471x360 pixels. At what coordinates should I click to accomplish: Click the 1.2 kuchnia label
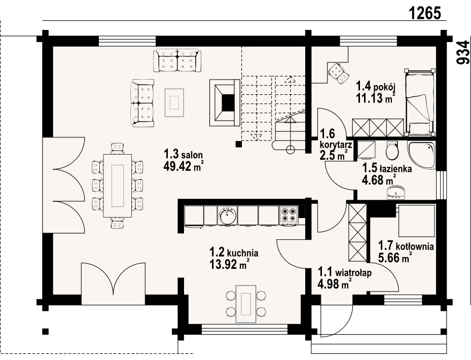(234, 257)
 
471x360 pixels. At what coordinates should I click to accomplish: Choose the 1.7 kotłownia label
(406, 252)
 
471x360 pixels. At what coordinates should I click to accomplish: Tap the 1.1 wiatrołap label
(345, 278)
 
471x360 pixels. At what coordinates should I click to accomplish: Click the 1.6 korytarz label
(336, 144)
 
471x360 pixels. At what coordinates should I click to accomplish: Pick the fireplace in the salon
(225, 102)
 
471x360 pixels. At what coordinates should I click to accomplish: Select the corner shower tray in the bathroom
(421, 154)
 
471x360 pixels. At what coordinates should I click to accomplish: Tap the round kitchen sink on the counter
(228, 215)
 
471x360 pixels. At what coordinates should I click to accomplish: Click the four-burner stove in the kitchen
(288, 215)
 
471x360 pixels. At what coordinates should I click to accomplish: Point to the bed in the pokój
(420, 102)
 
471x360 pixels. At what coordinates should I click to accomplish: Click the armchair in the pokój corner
(338, 73)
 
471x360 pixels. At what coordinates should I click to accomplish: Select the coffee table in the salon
(174, 102)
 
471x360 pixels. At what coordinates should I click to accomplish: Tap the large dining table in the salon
(118, 186)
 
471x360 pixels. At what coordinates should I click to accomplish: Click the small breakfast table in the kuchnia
(246, 304)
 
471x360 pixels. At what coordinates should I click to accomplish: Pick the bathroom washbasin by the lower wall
(395, 193)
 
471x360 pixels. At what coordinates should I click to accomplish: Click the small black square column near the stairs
(238, 144)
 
